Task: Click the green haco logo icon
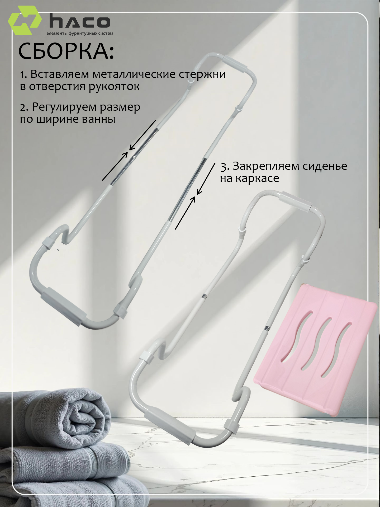[25, 20]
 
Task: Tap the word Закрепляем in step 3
[266, 167]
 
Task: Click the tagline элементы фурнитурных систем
[80, 34]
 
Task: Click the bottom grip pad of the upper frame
[63, 307]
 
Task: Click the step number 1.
[23, 75]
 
